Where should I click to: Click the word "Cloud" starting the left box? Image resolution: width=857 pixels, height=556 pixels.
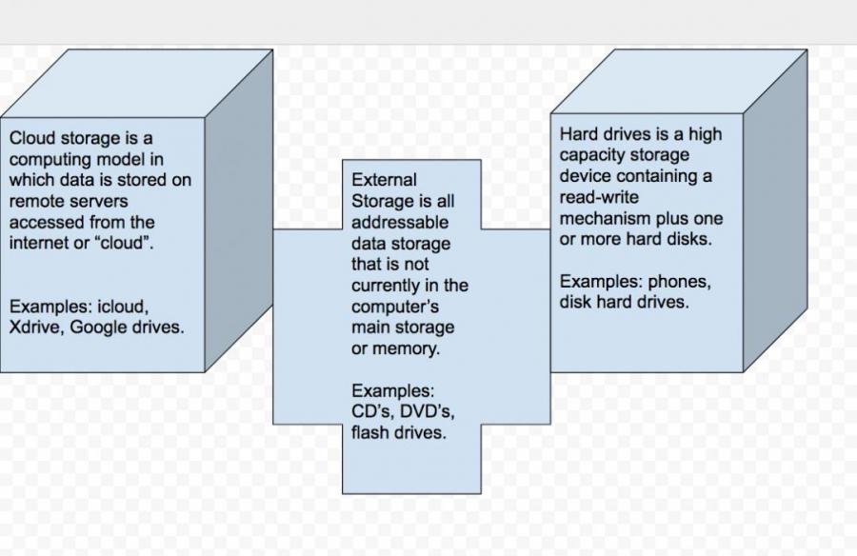pyautogui.click(x=31, y=139)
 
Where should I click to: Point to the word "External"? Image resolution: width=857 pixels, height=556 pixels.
pyautogui.click(x=384, y=180)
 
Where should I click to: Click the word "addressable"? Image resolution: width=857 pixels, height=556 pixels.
pyautogui.click(x=399, y=223)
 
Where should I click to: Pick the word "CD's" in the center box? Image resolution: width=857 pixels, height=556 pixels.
pyautogui.click(x=370, y=411)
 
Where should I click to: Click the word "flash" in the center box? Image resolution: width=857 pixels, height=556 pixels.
pyautogui.click(x=371, y=432)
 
